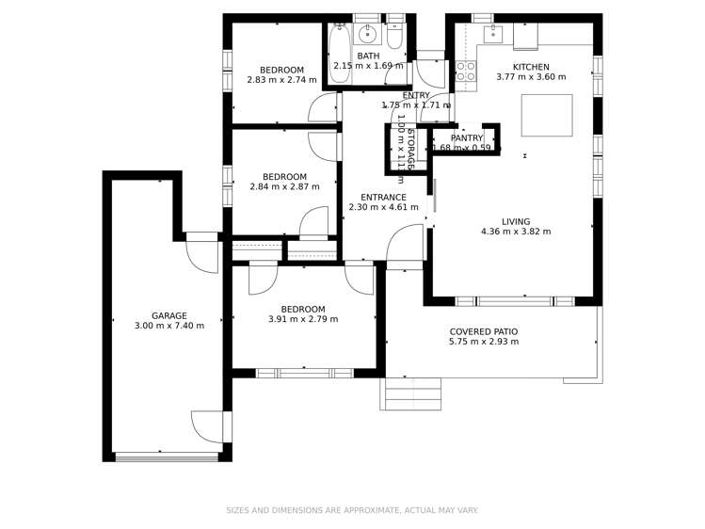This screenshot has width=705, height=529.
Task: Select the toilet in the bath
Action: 395,38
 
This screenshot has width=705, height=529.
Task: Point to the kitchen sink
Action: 492,35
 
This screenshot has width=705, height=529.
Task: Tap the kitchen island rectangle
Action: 546,115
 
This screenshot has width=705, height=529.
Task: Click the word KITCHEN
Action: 530,67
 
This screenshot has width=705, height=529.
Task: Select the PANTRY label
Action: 466,138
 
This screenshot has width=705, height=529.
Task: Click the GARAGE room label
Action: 169,316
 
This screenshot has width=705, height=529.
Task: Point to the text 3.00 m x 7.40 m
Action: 169,327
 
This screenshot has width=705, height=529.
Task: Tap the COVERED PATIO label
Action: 483,332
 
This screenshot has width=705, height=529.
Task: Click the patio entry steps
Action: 410,393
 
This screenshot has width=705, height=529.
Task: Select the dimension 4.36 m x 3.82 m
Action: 515,232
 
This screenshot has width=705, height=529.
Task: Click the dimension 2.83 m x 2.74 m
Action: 281,81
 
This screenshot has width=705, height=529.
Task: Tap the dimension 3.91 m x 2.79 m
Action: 302,320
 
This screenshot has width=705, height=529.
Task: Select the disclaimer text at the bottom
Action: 352,510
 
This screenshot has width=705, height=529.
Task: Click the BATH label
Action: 368,56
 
